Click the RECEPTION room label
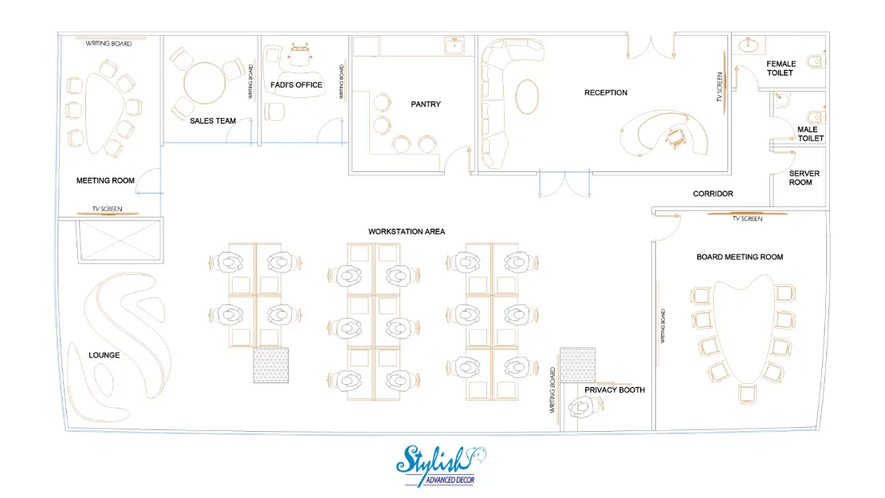pyautogui.click(x=606, y=92)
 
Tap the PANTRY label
pyautogui.click(x=426, y=104)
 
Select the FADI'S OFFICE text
pyautogui.click(x=297, y=85)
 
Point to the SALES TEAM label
pyautogui.click(x=213, y=120)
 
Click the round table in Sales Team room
pyautogui.click(x=204, y=83)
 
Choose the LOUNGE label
pyautogui.click(x=104, y=355)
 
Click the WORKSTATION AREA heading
pyautogui.click(x=407, y=232)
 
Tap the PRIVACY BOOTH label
pyautogui.click(x=615, y=390)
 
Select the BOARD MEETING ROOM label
pyautogui.click(x=739, y=257)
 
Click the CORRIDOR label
pyautogui.click(x=713, y=194)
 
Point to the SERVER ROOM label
pyautogui.click(x=804, y=178)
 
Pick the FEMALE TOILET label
pyautogui.click(x=781, y=69)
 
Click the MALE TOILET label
pyautogui.click(x=810, y=134)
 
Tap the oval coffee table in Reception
pyautogui.click(x=527, y=96)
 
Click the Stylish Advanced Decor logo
pyautogui.click(x=440, y=466)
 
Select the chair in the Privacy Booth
pyautogui.click(x=584, y=406)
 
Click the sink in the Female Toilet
pyautogui.click(x=749, y=45)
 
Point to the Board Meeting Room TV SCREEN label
pyautogui.click(x=747, y=219)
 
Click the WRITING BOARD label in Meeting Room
pyautogui.click(x=108, y=44)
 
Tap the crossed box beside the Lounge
pyautogui.click(x=120, y=241)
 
